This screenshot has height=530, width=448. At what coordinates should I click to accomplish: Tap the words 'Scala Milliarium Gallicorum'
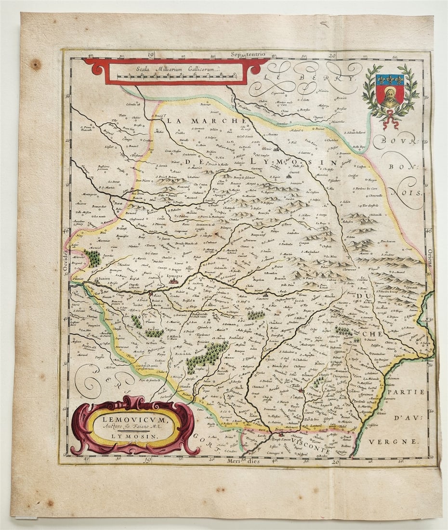[176, 69]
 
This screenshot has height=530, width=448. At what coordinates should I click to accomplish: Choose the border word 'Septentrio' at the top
[248, 54]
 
